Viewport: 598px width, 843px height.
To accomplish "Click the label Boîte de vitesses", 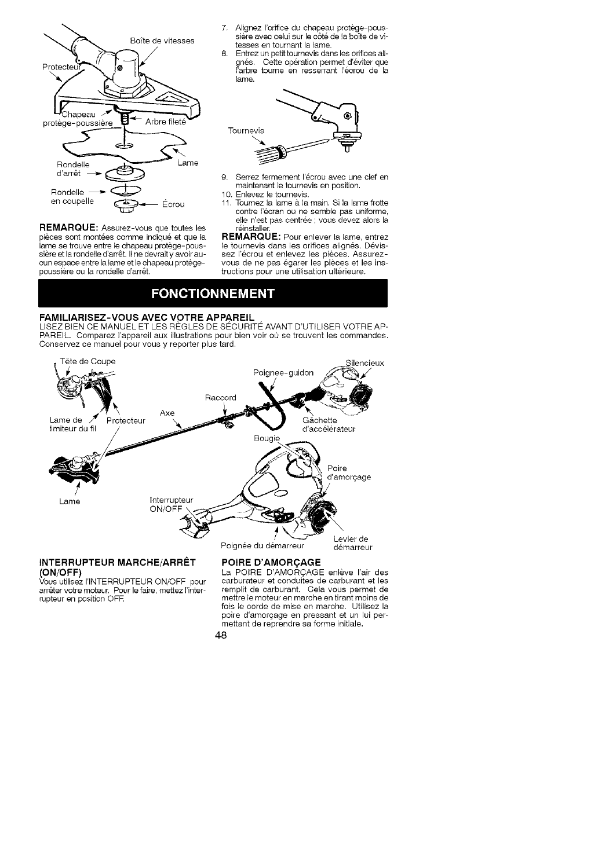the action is pyautogui.click(x=162, y=41).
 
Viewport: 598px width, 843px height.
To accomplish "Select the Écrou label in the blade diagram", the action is pyautogui.click(x=173, y=204).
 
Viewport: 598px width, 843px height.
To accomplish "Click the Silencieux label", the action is pyautogui.click(x=364, y=363).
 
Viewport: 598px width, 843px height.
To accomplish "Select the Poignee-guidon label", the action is pyautogui.click(x=284, y=373).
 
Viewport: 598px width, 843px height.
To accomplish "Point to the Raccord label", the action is pyautogui.click(x=221, y=398).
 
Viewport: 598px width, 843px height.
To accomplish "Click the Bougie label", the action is pyautogui.click(x=267, y=438).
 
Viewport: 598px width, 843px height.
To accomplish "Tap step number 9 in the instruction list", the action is pyautogui.click(x=225, y=177).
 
